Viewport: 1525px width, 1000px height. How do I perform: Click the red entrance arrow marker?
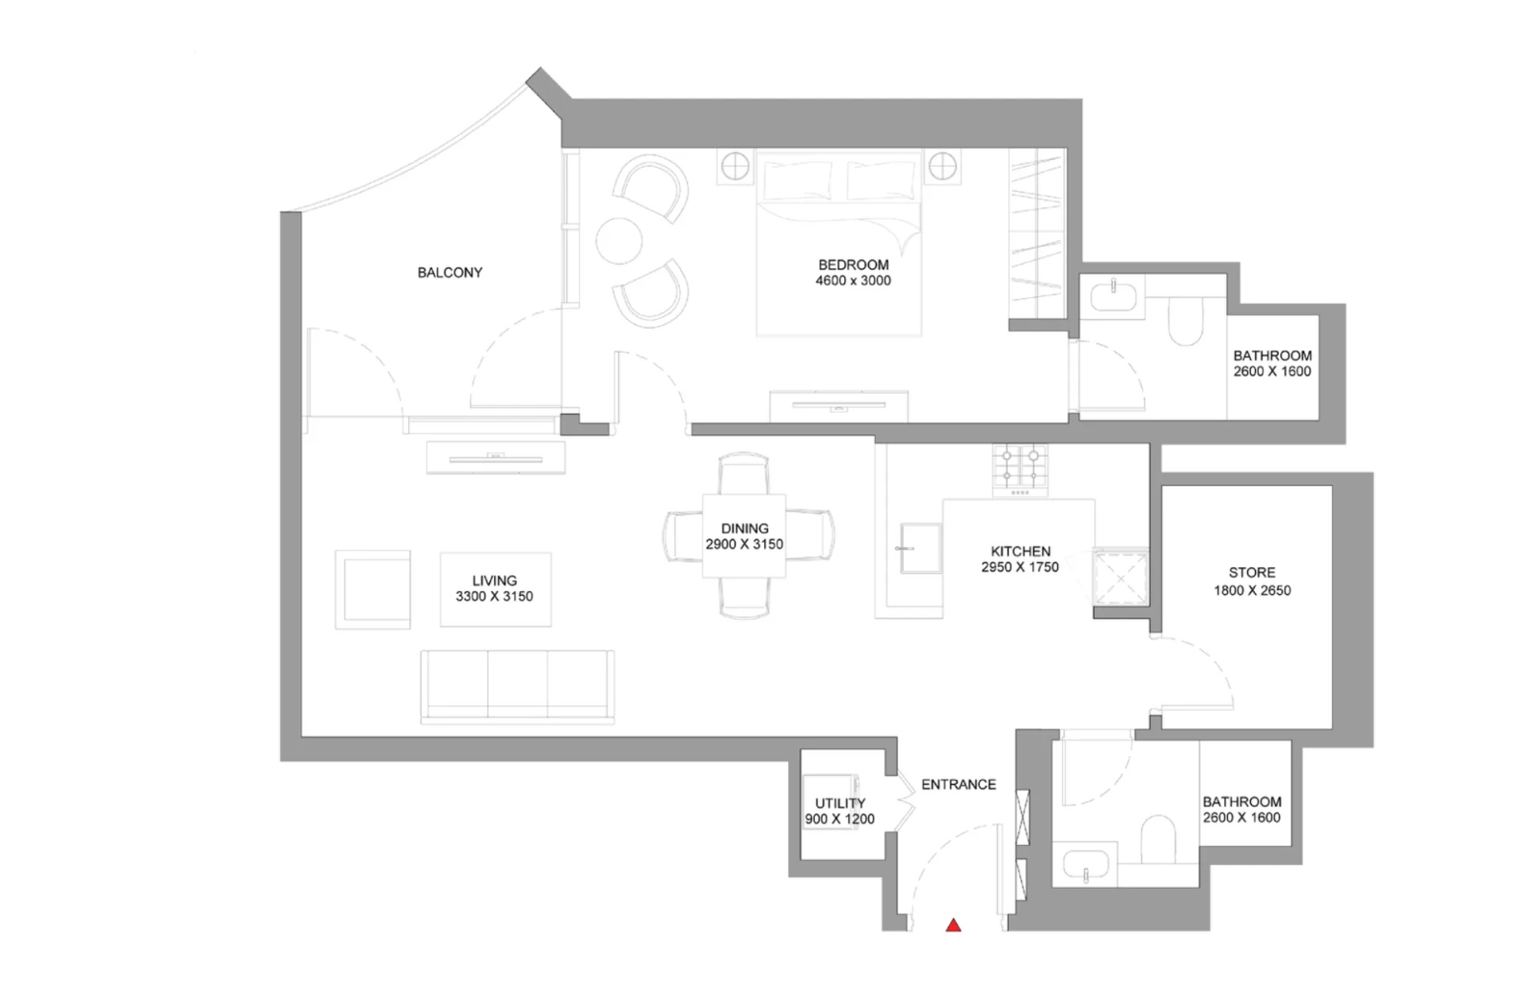[x=953, y=925]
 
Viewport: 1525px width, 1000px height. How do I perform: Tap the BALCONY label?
[x=450, y=272]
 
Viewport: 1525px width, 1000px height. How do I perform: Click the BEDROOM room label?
[x=853, y=264]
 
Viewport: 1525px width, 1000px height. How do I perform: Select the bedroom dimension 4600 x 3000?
[x=853, y=280]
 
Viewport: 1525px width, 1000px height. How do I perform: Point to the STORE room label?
[x=1252, y=573]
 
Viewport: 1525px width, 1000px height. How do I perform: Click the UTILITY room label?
[x=840, y=803]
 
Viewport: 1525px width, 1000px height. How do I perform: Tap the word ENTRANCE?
[x=959, y=785]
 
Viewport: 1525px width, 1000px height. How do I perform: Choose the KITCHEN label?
[x=1021, y=551]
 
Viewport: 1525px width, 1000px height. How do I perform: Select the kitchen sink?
[x=921, y=547]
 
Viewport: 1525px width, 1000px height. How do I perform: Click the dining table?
[x=744, y=535]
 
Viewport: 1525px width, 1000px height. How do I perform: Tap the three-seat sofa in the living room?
[x=517, y=687]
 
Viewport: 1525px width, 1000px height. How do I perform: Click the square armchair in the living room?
[x=373, y=589]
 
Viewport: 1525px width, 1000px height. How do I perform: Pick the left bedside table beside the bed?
[x=735, y=167]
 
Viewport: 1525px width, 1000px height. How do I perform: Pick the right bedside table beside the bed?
[x=943, y=167]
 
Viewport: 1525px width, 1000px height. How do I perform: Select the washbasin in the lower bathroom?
[x=1085, y=864]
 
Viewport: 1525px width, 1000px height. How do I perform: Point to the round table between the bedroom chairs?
[x=619, y=241]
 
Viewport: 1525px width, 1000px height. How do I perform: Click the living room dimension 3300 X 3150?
[x=494, y=597]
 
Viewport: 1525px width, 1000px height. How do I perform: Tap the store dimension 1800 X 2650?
[x=1252, y=590]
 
